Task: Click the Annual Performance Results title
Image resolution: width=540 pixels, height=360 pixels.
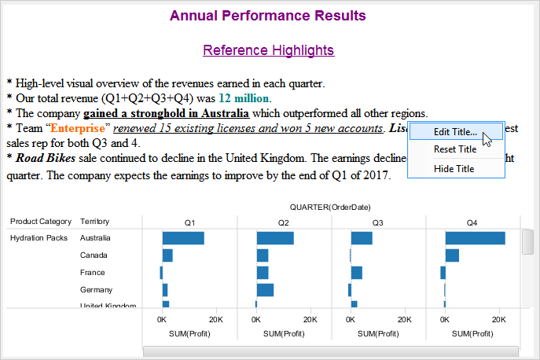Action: click(268, 15)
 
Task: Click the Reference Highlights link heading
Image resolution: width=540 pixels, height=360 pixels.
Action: click(268, 50)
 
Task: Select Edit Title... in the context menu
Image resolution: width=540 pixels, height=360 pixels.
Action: click(455, 132)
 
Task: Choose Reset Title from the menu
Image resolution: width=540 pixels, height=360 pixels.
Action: click(455, 149)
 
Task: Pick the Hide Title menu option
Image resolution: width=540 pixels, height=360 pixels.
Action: click(454, 169)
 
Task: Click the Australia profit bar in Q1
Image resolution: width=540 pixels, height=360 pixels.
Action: click(183, 238)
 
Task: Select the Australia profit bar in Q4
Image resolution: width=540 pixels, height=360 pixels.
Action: click(475, 238)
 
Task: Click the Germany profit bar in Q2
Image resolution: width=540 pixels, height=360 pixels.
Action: click(265, 290)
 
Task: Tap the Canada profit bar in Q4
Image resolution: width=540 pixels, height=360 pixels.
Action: click(452, 255)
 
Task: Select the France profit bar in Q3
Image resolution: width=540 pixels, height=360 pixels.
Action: click(356, 273)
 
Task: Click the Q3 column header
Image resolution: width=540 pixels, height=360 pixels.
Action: click(377, 222)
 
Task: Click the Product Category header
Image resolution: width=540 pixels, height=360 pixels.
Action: click(41, 222)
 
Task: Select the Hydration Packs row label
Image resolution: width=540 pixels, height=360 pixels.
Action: click(39, 238)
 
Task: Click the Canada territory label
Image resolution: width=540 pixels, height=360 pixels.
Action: click(94, 255)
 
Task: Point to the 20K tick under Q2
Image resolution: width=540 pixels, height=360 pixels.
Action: click(310, 320)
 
